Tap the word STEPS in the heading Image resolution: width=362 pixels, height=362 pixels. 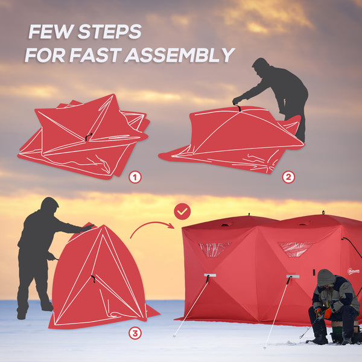pyautogui.click(x=112, y=31)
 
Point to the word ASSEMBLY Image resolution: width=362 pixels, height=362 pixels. pyautogui.click(x=179, y=55)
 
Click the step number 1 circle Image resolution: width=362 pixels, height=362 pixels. pyautogui.click(x=135, y=177)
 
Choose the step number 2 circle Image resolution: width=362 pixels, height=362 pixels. pyautogui.click(x=288, y=177)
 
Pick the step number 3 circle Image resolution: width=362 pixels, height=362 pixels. pyautogui.click(x=135, y=332)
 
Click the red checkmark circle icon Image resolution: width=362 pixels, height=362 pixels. pyautogui.click(x=182, y=211)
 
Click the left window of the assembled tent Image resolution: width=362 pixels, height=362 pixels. pyautogui.click(x=214, y=249)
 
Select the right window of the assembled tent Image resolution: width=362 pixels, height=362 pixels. pyautogui.click(x=295, y=248)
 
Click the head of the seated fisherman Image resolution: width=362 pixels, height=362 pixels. pyautogui.click(x=326, y=279)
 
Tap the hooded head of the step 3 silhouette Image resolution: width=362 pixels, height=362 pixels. pyautogui.click(x=49, y=205)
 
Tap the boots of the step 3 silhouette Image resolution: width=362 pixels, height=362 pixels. pyautogui.click(x=33, y=310)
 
